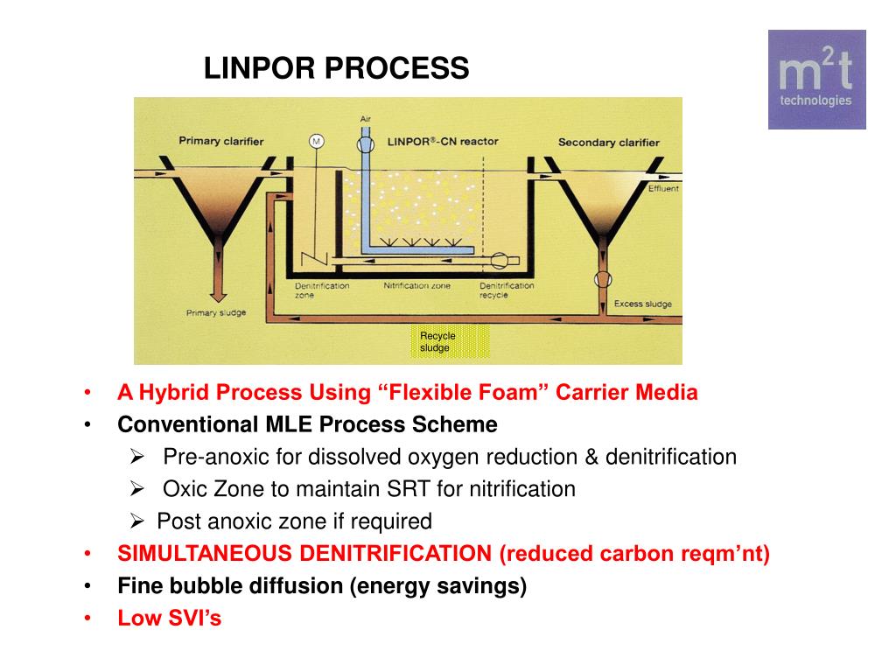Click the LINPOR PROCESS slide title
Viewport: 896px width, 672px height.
pos(337,68)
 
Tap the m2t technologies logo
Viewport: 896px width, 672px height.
pos(816,80)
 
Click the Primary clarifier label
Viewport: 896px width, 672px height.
pos(220,141)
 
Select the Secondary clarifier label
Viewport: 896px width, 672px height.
pos(609,142)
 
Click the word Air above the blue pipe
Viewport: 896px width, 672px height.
pos(366,118)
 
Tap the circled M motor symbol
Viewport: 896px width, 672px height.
pos(316,141)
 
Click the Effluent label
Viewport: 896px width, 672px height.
pos(663,188)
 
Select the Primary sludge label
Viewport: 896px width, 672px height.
pos(216,312)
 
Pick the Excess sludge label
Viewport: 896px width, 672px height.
pos(642,304)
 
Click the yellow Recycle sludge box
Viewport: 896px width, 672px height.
pos(450,342)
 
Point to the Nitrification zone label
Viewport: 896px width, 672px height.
pos(417,285)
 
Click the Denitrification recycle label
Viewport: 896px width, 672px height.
pos(507,290)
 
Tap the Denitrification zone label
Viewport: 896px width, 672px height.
pos(321,290)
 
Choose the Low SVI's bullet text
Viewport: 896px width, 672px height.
pos(170,619)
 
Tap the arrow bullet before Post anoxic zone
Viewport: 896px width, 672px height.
pos(136,521)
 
